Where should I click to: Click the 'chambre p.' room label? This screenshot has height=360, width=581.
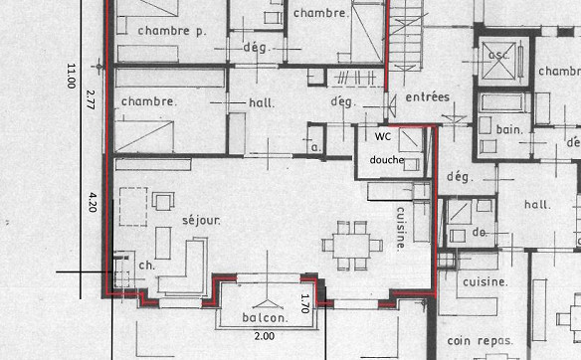point(172,30)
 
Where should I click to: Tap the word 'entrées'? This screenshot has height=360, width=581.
point(428,96)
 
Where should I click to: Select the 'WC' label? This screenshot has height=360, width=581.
point(383,136)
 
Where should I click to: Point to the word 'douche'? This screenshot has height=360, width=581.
point(386,159)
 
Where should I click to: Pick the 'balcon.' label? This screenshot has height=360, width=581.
point(265,318)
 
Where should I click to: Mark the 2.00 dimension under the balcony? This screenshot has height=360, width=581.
point(265,336)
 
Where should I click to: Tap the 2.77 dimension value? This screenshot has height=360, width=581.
point(91,97)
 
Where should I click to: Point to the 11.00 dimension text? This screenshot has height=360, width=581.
point(71,77)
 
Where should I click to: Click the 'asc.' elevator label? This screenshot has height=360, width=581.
point(498,55)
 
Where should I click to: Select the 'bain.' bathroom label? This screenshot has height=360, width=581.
point(510,129)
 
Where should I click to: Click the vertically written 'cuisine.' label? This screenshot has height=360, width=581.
point(400,228)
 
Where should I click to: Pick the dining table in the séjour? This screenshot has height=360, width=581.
point(351,243)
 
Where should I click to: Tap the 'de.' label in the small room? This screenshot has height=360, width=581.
point(479,231)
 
